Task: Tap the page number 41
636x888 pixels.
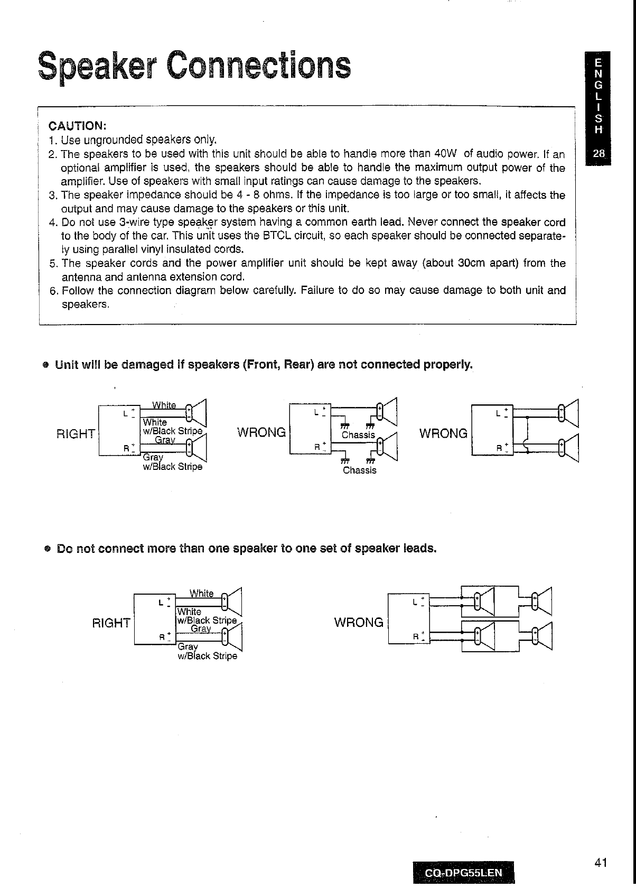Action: (x=601, y=863)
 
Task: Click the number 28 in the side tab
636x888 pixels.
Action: (x=598, y=154)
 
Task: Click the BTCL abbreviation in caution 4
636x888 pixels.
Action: (x=277, y=235)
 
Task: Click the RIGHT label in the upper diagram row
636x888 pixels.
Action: (x=75, y=434)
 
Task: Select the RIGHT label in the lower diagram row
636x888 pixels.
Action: (x=111, y=623)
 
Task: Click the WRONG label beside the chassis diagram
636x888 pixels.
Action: (x=261, y=432)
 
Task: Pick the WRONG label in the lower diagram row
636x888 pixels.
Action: (x=359, y=622)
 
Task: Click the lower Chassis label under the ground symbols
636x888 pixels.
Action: (x=360, y=470)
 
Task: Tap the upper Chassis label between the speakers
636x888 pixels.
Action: (x=358, y=435)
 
